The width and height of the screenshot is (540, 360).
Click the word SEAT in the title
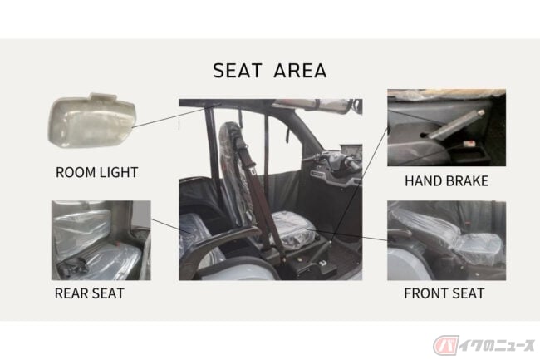coord(238,71)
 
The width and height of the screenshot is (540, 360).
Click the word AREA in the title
coord(300,71)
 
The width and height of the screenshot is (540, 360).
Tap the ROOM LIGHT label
coord(96,172)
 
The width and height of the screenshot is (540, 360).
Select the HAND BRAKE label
coord(446,181)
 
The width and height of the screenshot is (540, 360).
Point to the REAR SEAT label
coord(89,293)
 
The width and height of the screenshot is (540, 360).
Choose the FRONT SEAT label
coord(444,293)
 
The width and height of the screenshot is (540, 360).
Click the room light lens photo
coord(91,121)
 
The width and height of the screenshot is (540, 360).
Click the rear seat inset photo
coord(101,240)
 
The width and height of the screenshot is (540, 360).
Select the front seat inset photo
coord(446,240)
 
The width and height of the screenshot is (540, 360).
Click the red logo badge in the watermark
coord(445,344)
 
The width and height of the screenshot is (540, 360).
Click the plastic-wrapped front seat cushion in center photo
coord(292,229)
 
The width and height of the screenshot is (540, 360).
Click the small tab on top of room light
coord(102,96)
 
